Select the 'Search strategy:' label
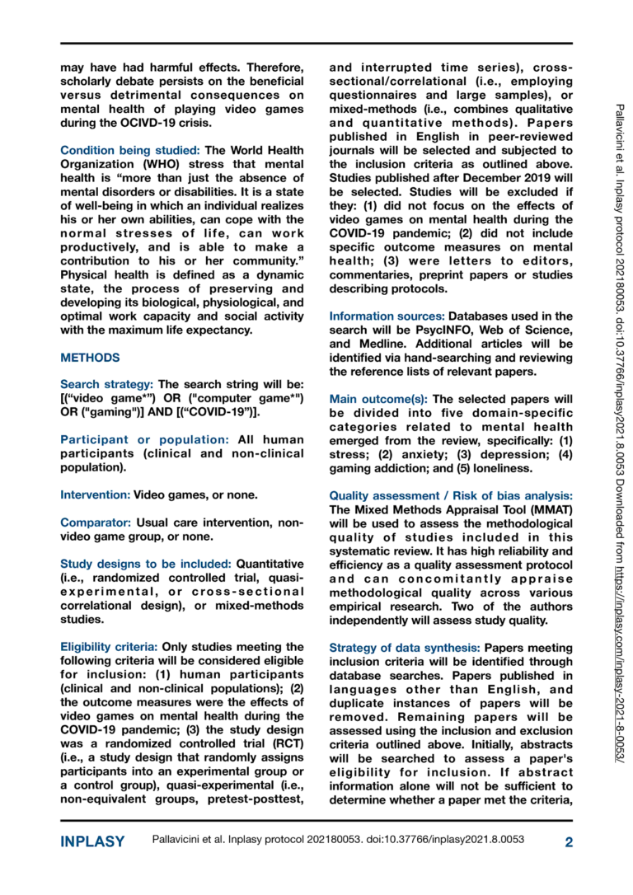coord(106,384)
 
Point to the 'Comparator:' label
coord(96,522)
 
